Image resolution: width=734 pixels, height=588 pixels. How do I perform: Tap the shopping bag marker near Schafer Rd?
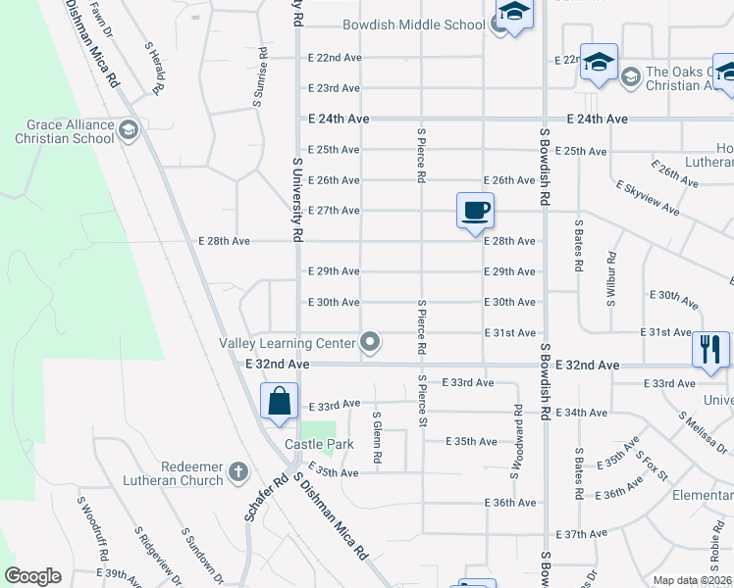(279, 401)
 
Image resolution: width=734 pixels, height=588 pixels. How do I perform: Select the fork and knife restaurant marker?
(709, 350)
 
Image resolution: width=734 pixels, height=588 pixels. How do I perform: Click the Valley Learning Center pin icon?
(370, 342)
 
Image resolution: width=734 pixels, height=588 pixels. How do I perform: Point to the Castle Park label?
(311, 445)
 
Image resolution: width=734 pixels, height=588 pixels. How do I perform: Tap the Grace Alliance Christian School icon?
(128, 131)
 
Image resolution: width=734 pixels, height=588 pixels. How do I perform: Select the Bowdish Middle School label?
(414, 25)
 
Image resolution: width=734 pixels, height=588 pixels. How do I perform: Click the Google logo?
(32, 576)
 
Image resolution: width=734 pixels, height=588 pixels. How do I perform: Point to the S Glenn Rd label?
(376, 437)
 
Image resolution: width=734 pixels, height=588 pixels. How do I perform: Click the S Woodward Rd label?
(514, 442)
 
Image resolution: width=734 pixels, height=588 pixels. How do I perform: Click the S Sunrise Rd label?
(261, 76)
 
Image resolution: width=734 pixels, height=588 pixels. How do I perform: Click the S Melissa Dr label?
(702, 432)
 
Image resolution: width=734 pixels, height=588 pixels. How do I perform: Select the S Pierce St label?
(423, 401)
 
